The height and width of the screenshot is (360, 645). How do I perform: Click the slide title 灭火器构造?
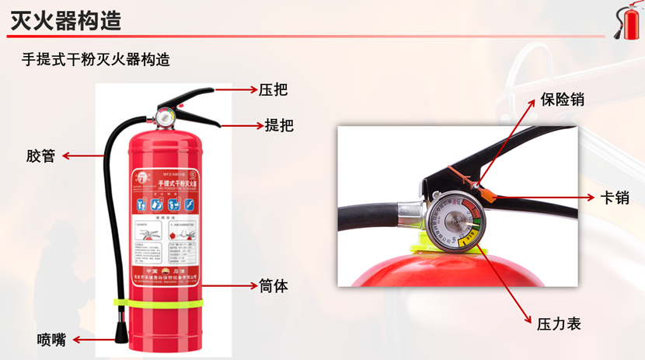(x=66, y=21)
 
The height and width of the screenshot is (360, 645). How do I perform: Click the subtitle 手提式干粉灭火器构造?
(x=96, y=59)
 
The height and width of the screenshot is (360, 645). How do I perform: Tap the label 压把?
(x=273, y=89)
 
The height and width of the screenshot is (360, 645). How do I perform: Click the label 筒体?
(x=274, y=286)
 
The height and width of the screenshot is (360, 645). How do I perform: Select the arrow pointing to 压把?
(x=236, y=90)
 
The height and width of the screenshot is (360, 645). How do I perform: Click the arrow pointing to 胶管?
(x=82, y=156)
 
